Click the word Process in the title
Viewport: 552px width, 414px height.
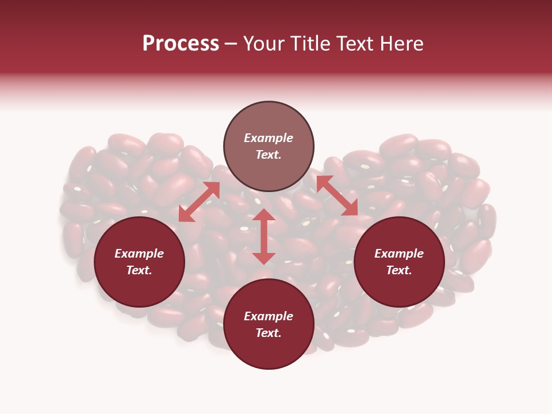click(181, 44)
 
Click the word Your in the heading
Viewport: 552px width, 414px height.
click(265, 44)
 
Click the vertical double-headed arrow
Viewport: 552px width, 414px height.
click(264, 236)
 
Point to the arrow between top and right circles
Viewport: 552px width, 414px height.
click(337, 195)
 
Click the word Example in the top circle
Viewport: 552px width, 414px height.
click(269, 138)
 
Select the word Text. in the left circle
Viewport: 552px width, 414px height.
click(139, 270)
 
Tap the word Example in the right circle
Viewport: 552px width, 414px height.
click(399, 254)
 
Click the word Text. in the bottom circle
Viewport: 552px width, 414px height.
click(269, 333)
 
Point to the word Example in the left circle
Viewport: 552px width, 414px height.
click(139, 254)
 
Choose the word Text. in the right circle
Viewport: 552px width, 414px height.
click(399, 270)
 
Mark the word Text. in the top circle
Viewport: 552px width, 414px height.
click(269, 155)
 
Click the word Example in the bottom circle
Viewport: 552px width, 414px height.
click(269, 316)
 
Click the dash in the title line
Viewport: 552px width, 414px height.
click(231, 44)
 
